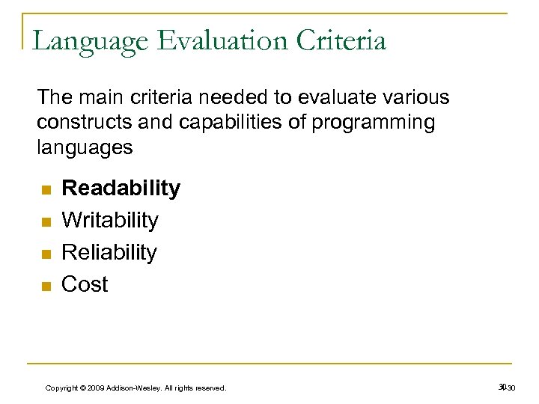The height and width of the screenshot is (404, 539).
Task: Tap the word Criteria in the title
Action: click(344, 40)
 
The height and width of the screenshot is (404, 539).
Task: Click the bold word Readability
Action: click(121, 189)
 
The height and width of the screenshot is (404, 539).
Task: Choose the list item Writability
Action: click(110, 220)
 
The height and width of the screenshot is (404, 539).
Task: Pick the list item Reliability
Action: click(109, 252)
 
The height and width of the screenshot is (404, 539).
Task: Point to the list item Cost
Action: click(85, 284)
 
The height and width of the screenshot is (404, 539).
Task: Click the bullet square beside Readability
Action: click(46, 190)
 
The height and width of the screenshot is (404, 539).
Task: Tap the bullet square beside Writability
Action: click(46, 222)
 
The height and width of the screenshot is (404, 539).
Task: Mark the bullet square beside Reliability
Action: click(46, 254)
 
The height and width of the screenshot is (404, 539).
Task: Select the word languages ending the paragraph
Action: click(85, 147)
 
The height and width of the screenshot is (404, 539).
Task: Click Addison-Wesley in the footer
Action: click(135, 388)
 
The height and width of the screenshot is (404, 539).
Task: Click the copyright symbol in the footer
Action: click(81, 388)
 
